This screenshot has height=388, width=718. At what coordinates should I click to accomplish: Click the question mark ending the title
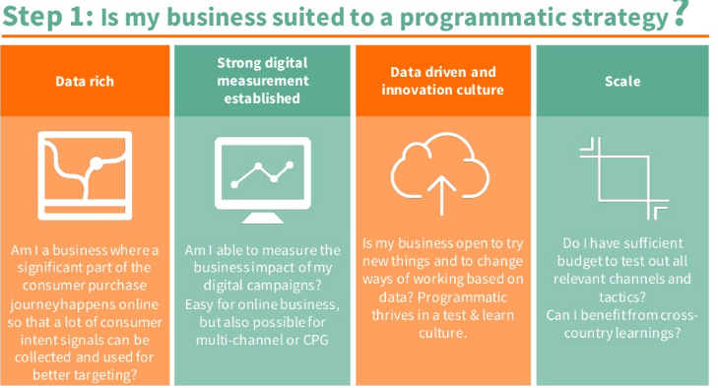pyautogui.click(x=680, y=16)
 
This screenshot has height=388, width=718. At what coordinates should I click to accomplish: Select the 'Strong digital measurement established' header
pyautogui.click(x=262, y=81)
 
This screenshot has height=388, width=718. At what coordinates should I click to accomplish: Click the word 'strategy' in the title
pyautogui.click(x=619, y=19)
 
